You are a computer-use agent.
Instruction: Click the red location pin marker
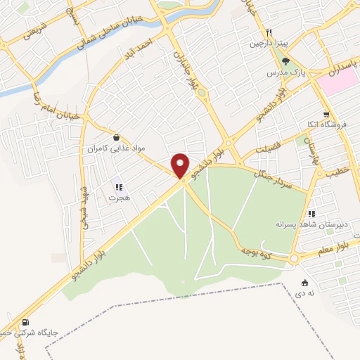tap(181, 166)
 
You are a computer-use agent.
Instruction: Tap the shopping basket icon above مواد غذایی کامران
tap(115, 138)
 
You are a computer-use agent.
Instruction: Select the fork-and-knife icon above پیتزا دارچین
tap(269, 32)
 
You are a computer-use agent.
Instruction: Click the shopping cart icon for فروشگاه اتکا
tap(325, 114)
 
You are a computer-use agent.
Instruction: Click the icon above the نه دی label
tap(304, 283)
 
